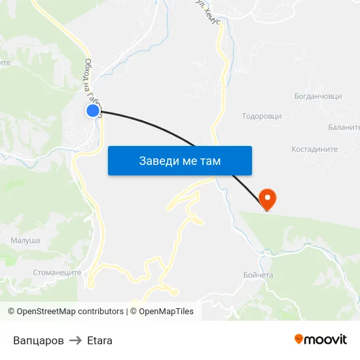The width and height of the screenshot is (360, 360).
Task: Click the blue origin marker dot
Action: tap(93, 111)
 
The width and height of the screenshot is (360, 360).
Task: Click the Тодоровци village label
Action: tap(262, 116)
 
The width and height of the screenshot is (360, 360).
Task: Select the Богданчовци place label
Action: tap(318, 96)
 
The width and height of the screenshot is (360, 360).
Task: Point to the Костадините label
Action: tap(315, 149)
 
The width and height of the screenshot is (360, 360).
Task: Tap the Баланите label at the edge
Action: tap(345, 127)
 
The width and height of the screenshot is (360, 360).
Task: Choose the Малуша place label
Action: tap(25, 241)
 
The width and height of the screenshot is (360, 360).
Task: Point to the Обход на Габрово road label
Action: tap(91, 82)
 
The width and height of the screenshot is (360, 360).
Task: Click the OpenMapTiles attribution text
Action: tap(166, 312)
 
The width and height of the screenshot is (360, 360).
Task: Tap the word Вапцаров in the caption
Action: tap(39, 340)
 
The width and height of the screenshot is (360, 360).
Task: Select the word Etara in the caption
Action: tap(99, 340)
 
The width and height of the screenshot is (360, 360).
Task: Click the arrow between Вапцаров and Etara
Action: tap(75, 340)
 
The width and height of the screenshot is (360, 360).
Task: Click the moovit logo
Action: tap(320, 339)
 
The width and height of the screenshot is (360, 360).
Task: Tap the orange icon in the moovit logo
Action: tap(299, 339)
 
